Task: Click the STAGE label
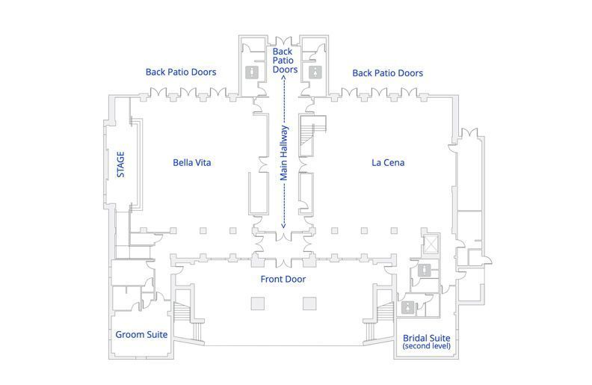120,164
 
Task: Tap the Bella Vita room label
192,163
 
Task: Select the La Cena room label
388,163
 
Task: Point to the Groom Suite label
141,334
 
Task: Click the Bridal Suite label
427,338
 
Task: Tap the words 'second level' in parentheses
427,346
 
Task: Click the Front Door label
283,279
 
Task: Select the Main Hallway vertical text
284,153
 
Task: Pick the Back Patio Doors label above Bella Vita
181,72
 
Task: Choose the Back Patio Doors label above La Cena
388,73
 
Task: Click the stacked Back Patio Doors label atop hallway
285,61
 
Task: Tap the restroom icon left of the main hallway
252,72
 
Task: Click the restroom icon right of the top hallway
315,72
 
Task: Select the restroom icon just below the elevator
425,271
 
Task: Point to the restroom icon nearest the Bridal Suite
408,308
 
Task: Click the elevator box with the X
431,244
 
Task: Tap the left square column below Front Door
258,304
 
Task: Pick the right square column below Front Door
309,304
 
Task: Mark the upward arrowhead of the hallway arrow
284,77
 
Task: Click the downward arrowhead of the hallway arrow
284,226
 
